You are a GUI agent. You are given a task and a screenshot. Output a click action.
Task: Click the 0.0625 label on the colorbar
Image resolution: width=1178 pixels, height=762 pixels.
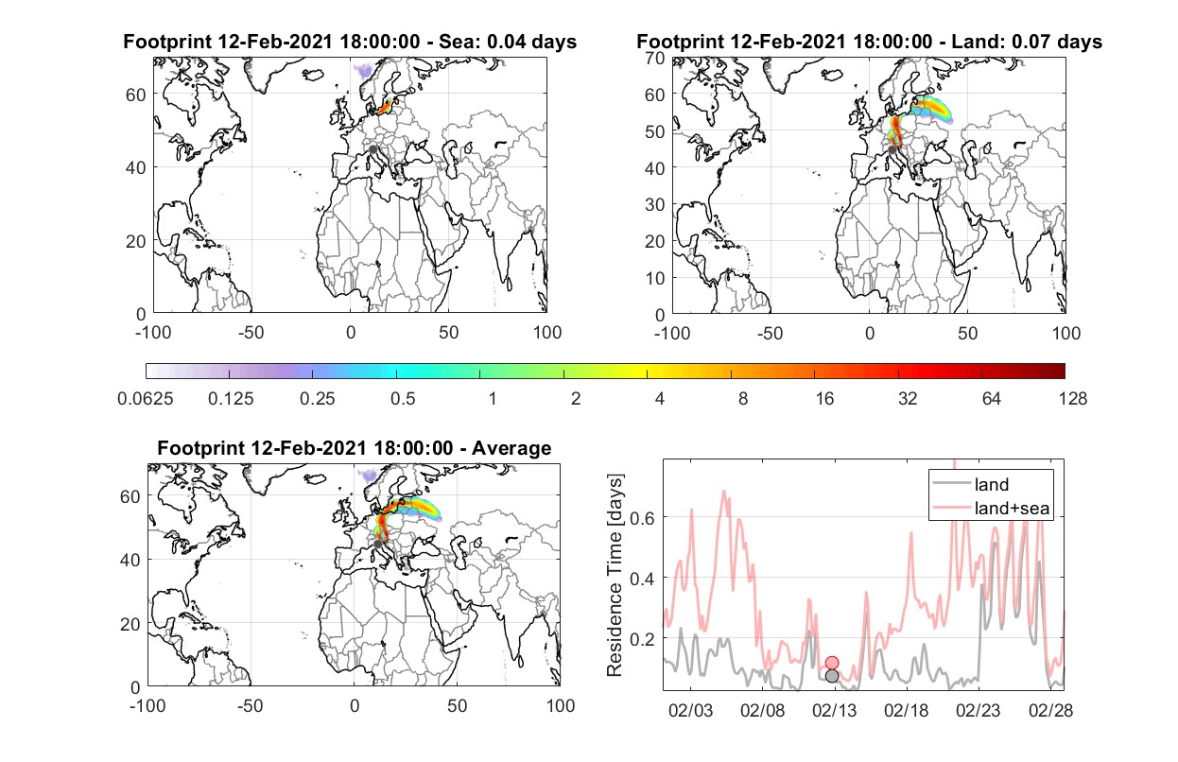click(x=146, y=399)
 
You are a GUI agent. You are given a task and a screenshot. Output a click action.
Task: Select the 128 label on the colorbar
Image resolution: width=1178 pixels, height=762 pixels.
click(x=1072, y=399)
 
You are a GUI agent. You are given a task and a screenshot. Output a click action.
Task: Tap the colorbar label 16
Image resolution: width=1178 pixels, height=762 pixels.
click(x=824, y=399)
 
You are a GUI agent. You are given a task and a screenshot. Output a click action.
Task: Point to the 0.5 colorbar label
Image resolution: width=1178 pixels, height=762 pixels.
click(x=403, y=399)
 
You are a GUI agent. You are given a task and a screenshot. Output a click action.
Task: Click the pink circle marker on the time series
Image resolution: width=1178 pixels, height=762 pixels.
click(x=831, y=663)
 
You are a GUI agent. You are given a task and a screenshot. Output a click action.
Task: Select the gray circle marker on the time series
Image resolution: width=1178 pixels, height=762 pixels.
click(x=831, y=676)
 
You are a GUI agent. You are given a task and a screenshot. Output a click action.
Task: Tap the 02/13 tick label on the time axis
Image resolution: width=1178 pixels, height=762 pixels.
click(x=834, y=711)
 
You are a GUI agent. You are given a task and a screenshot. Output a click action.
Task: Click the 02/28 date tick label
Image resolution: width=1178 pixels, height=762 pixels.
click(x=1050, y=711)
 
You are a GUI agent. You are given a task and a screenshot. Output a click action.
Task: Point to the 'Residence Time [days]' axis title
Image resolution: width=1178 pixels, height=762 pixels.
click(x=615, y=576)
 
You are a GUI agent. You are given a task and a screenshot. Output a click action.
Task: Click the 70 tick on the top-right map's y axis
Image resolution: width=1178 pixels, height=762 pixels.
click(x=655, y=58)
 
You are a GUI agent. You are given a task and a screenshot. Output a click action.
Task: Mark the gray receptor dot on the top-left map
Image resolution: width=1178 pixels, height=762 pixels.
click(x=372, y=149)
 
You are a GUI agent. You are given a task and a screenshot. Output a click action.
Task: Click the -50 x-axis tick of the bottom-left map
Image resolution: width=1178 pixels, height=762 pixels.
click(x=250, y=705)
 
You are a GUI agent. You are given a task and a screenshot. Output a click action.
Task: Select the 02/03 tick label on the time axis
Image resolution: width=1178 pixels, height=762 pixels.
click(x=690, y=711)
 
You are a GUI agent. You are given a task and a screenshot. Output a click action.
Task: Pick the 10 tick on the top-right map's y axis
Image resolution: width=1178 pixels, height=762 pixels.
click(x=655, y=278)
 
